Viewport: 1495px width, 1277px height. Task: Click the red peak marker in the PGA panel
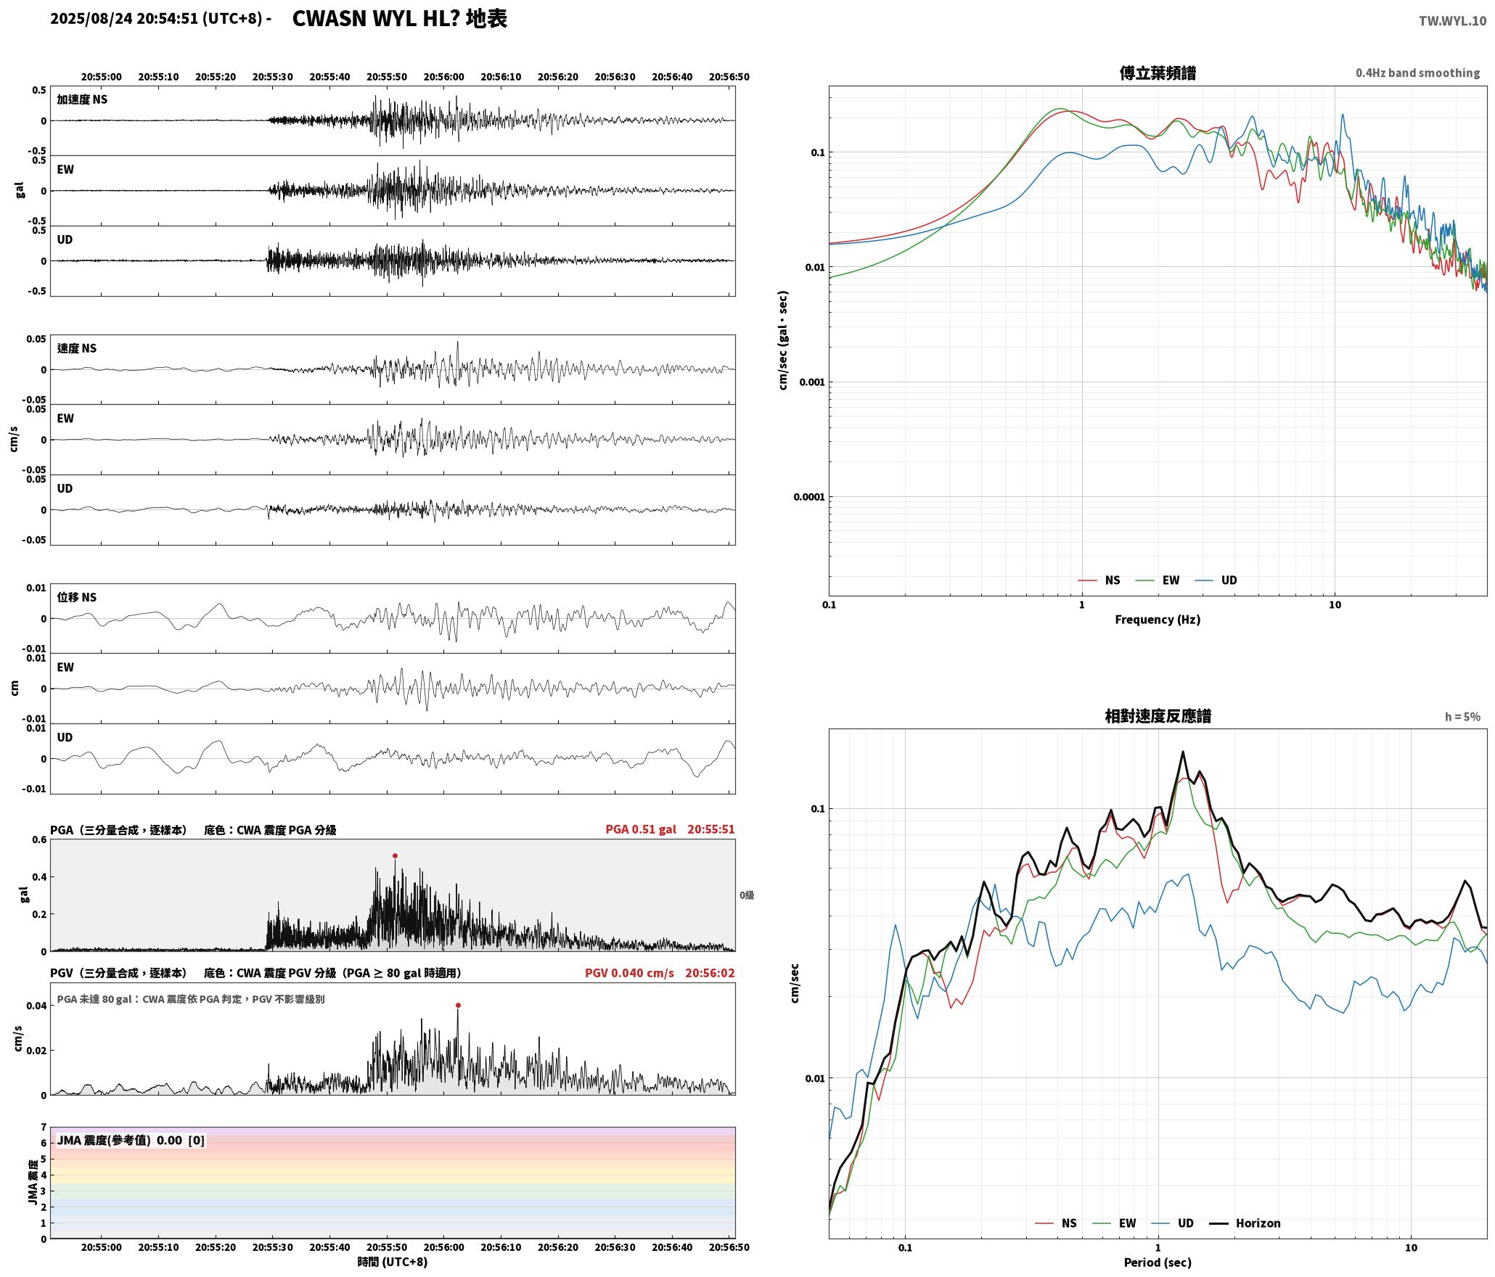(x=395, y=856)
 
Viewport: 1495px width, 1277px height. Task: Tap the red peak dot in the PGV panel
(x=458, y=1006)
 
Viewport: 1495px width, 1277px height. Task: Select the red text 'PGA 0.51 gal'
(x=641, y=829)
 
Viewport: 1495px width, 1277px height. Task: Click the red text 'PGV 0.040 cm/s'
(x=629, y=973)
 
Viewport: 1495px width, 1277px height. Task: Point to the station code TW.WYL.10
(x=1452, y=21)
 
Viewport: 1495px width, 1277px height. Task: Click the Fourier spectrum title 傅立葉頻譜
(x=1158, y=73)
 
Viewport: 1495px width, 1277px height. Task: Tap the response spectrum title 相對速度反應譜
(x=1158, y=716)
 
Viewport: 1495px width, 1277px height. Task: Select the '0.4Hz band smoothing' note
(x=1417, y=73)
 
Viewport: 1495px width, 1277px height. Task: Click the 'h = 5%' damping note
(x=1462, y=717)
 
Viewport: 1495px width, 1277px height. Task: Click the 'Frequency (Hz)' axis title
(x=1158, y=620)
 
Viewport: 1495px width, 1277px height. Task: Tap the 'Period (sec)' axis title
(x=1158, y=1262)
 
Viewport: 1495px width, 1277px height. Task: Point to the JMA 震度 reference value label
(x=131, y=1141)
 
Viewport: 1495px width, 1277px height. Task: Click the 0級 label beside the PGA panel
(x=747, y=895)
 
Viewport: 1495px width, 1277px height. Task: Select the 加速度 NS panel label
(x=82, y=99)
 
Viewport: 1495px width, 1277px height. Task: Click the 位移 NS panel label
(x=77, y=597)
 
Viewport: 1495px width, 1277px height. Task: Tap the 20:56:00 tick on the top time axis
(x=443, y=77)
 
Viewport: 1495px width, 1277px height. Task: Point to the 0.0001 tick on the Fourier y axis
(x=809, y=497)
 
